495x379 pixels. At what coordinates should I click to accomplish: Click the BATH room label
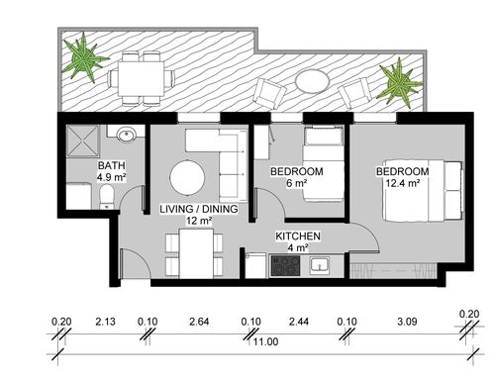(112, 165)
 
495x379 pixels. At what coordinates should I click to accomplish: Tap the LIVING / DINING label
(199, 209)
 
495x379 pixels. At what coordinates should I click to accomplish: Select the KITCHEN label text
(298, 237)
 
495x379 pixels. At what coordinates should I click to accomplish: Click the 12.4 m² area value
(403, 183)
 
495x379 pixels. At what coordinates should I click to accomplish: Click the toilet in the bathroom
(106, 197)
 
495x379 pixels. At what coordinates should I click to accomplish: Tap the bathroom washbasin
(126, 135)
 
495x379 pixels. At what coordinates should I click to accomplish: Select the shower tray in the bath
(82, 141)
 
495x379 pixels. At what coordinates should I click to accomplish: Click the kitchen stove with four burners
(285, 265)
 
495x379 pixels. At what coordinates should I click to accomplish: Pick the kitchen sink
(319, 265)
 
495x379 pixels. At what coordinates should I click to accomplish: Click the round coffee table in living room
(187, 178)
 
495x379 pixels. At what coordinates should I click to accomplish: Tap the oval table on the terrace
(312, 81)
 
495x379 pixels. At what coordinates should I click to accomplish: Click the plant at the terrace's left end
(84, 58)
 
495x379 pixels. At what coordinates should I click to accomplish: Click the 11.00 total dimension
(265, 341)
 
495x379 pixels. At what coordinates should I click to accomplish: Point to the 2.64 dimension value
(199, 322)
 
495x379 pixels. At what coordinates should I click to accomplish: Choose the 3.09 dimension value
(407, 322)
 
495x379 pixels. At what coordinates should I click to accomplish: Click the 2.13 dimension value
(105, 322)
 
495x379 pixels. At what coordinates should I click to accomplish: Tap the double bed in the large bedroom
(423, 191)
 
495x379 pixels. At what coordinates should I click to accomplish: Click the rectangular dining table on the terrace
(142, 78)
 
